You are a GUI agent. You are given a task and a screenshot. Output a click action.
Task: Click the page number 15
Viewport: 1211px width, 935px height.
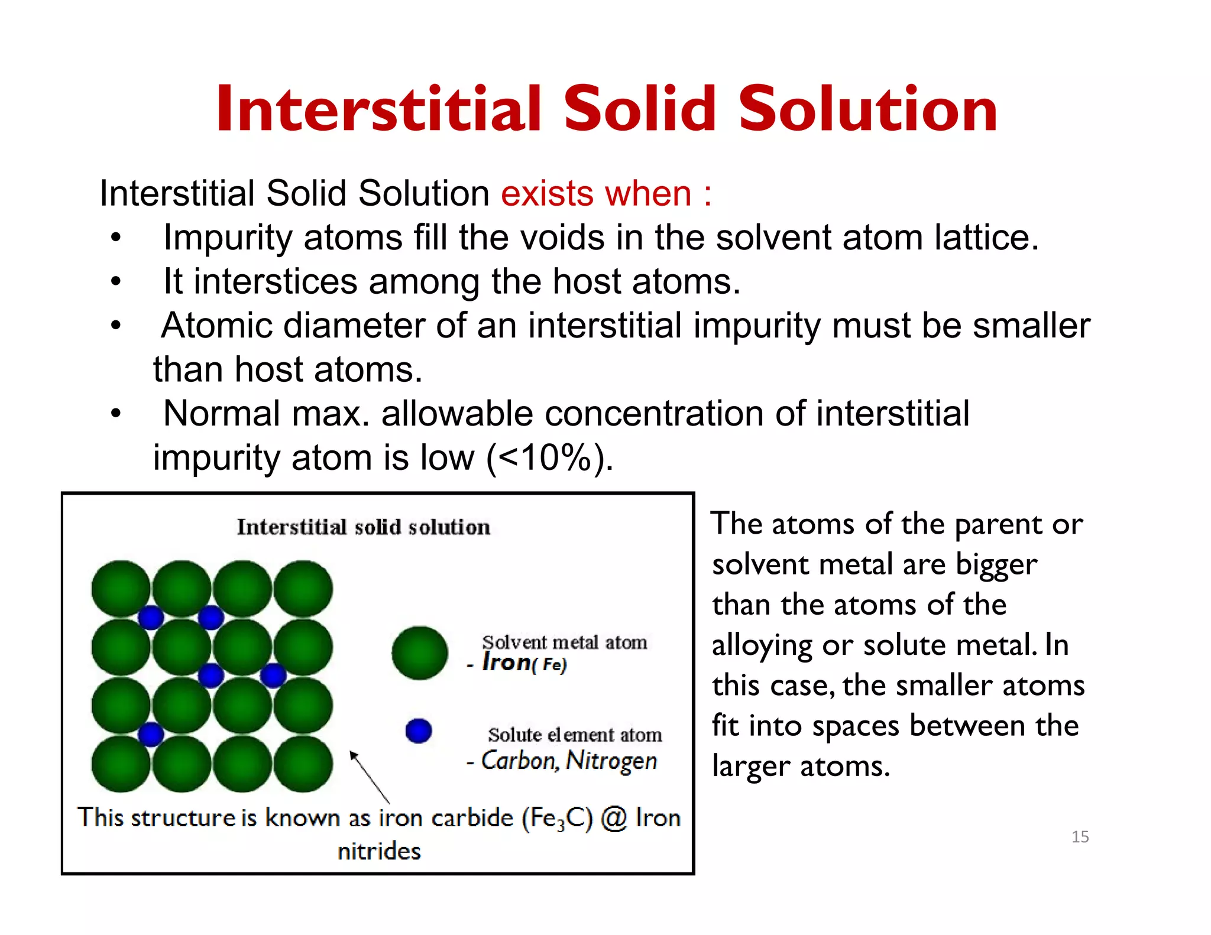[1080, 836]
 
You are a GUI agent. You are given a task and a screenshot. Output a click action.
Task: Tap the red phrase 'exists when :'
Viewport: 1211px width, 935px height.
[606, 193]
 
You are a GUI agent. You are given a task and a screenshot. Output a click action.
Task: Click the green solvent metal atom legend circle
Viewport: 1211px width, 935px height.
[420, 652]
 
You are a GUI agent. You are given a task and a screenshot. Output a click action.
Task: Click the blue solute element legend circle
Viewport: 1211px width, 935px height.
[419, 731]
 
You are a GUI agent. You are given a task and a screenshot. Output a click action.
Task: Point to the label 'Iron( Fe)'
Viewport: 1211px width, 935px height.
[524, 663]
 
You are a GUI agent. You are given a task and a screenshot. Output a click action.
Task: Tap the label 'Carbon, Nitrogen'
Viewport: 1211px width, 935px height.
[568, 761]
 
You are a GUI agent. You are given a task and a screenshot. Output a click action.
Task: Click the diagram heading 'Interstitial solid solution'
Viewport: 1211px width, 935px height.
[363, 527]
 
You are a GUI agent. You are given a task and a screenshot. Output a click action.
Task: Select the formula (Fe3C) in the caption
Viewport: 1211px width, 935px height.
[557, 819]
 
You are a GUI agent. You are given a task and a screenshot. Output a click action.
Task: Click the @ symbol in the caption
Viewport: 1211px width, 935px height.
[614, 819]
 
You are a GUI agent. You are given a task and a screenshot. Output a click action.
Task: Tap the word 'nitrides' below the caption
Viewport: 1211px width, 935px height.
[379, 851]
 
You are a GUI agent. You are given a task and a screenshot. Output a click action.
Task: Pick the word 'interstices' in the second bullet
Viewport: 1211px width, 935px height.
[276, 281]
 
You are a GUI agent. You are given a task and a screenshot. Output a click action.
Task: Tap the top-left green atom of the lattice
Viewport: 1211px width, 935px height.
[121, 589]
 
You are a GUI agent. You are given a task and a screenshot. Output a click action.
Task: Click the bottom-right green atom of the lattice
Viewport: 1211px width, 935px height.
[303, 764]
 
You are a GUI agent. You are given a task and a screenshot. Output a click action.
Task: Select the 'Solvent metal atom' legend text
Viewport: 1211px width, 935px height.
[564, 642]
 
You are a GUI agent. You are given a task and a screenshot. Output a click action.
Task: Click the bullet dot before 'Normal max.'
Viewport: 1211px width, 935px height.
[116, 414]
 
